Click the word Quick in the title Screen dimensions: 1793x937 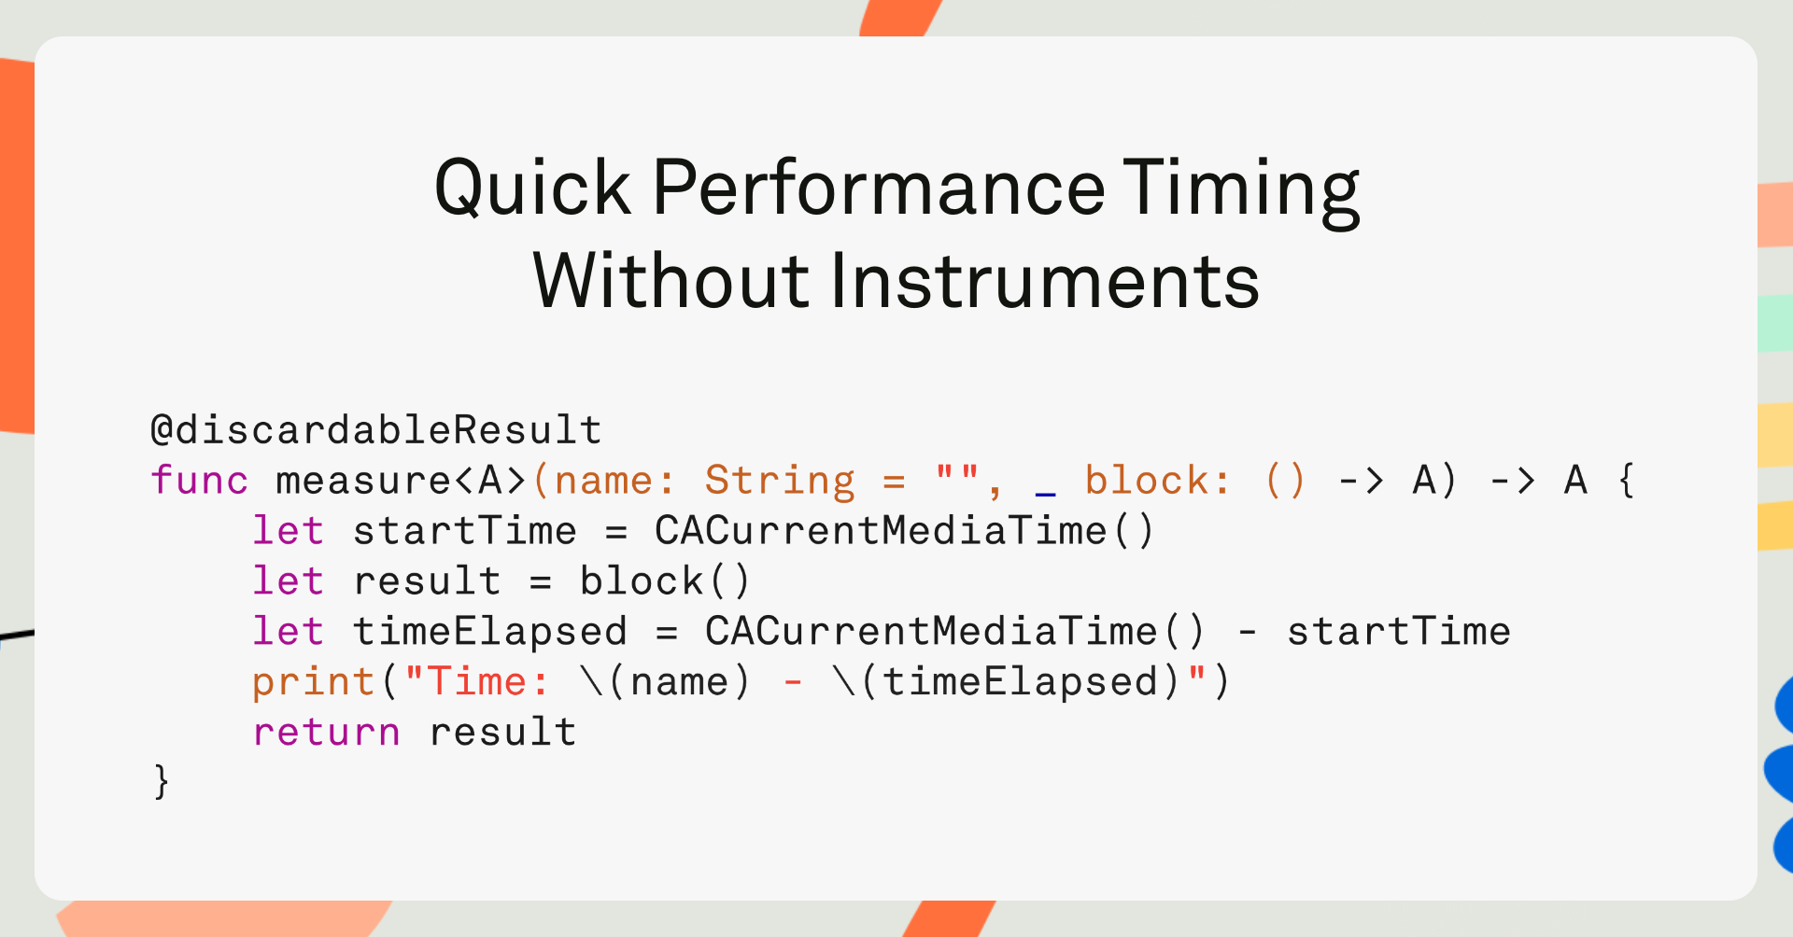532,189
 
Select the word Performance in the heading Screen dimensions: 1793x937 879,188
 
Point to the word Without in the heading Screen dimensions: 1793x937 671,281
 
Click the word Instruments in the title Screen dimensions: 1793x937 1045,281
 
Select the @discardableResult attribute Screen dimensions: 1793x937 376,430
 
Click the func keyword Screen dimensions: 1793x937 200,480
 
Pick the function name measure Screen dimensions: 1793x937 363,482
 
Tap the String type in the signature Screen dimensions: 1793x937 780,482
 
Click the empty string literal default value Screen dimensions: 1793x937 957,471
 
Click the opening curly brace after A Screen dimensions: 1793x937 1627,480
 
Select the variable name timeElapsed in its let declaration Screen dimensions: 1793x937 490,632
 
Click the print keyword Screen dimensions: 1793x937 314,683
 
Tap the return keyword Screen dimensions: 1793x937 327,733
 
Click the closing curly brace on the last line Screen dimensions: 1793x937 162,781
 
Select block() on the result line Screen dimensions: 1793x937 665,580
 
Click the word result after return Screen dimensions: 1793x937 502,733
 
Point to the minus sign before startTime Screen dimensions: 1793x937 1247,633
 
